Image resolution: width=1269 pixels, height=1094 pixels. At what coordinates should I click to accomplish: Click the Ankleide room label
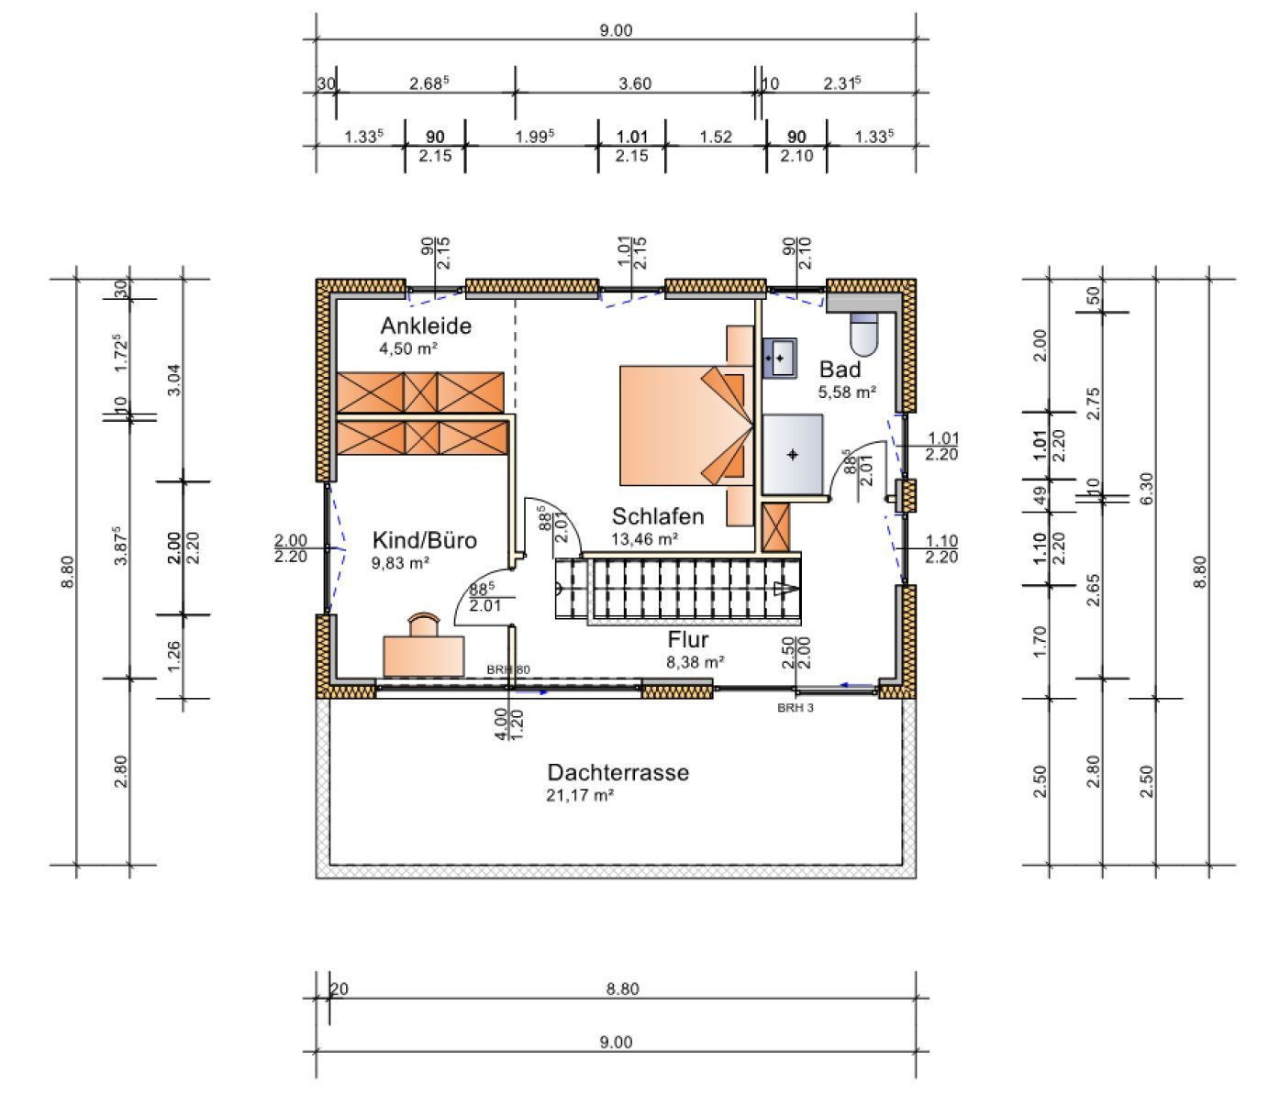click(x=426, y=326)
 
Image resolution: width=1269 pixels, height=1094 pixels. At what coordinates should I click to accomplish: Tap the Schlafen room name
click(x=658, y=516)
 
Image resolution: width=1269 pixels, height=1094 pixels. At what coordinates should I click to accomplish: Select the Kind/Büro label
click(x=424, y=540)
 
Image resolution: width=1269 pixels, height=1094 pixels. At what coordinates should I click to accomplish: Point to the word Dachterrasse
click(x=618, y=772)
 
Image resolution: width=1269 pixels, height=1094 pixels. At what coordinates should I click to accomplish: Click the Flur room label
click(x=687, y=639)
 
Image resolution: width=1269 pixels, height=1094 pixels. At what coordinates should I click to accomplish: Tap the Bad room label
click(x=840, y=370)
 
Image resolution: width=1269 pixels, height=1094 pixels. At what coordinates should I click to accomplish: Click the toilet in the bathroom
click(x=863, y=333)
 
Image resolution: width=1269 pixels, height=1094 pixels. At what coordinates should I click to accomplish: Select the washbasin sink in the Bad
click(x=780, y=357)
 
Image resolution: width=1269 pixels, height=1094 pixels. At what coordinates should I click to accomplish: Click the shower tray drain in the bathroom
click(x=793, y=455)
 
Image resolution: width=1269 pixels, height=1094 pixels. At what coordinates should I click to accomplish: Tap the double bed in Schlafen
click(x=686, y=425)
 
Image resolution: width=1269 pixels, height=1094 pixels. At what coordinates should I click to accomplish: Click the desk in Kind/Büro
click(x=424, y=657)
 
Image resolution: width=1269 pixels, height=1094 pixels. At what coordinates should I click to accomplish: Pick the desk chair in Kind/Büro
click(x=424, y=624)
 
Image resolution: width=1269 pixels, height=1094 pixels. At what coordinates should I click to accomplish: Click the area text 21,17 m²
click(x=580, y=795)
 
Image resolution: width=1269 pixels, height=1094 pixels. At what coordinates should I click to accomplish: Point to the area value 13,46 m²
click(x=645, y=538)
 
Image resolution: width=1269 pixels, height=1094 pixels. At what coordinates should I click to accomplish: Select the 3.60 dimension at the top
click(x=635, y=83)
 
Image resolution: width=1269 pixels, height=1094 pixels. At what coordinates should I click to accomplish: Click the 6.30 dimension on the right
click(x=1146, y=489)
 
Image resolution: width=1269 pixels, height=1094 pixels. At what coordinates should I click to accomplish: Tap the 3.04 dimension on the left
click(x=174, y=381)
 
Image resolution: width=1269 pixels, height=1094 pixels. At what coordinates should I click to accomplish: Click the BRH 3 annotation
click(x=795, y=707)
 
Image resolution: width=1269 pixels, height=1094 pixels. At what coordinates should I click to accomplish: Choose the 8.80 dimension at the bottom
click(x=622, y=989)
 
